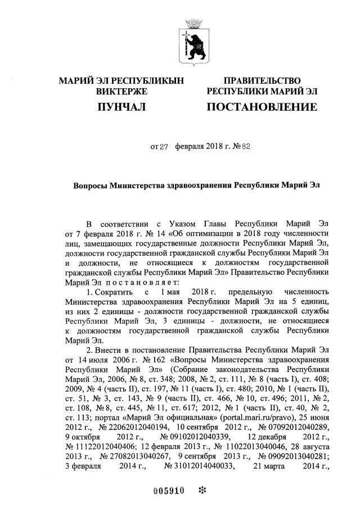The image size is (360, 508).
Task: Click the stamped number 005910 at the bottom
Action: coord(168,489)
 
